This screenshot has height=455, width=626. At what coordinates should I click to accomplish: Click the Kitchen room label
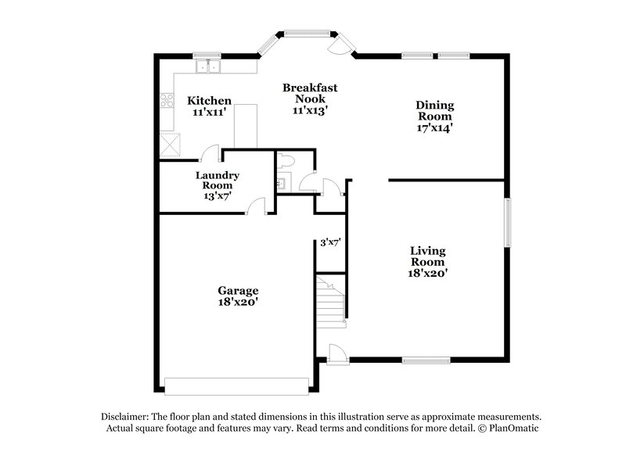pos(209,101)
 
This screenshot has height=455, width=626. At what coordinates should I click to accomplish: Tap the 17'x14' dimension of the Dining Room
pos(435,126)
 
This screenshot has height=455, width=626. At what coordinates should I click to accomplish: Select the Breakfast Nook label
pos(310,93)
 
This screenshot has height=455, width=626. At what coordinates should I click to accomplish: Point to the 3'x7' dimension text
pos(330,242)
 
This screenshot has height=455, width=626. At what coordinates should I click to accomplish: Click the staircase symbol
pos(330,301)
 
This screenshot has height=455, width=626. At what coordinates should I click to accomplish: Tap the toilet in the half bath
pos(287,160)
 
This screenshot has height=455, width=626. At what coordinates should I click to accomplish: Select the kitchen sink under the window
pos(208,66)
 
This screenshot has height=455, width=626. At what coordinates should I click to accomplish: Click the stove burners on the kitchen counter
pos(167,100)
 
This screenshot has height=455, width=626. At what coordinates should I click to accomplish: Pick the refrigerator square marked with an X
pos(170,145)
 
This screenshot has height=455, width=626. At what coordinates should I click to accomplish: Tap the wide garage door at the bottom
pos(237,386)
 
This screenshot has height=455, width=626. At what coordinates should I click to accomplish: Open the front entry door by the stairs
pos(336,353)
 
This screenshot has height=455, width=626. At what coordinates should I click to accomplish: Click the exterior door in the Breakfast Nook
pos(340,46)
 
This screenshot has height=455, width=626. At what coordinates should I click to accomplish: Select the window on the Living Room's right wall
pos(508,222)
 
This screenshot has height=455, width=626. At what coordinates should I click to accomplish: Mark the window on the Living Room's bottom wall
pos(426,360)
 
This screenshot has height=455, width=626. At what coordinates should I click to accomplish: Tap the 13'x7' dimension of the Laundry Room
pos(217,196)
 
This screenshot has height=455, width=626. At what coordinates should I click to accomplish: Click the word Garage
pos(238,290)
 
